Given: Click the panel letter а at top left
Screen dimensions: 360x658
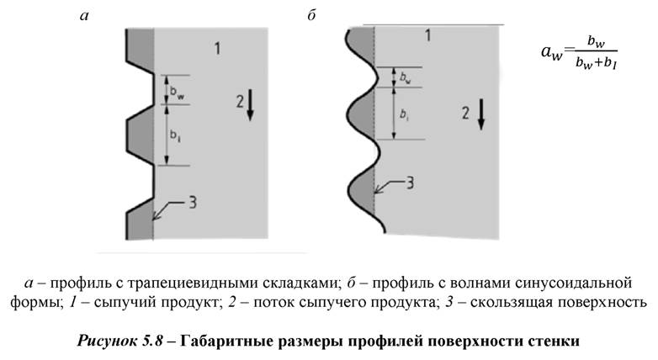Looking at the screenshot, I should point(83,16).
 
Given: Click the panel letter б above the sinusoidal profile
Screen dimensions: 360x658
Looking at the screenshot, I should point(312,16).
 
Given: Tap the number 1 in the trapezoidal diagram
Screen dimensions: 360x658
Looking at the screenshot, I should point(217,49).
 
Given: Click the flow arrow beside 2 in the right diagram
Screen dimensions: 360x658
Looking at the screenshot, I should point(480,114).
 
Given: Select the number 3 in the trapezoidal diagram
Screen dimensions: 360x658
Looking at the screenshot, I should point(192,202).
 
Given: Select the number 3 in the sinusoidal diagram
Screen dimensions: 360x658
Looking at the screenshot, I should point(410,182).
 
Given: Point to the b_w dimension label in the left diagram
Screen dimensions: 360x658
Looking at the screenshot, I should point(177,90).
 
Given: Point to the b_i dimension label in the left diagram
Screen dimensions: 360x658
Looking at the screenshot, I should point(176,134).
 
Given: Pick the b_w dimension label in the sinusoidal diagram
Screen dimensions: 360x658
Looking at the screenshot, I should point(406,78).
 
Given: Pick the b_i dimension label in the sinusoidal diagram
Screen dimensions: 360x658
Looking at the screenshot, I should point(405,113).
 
